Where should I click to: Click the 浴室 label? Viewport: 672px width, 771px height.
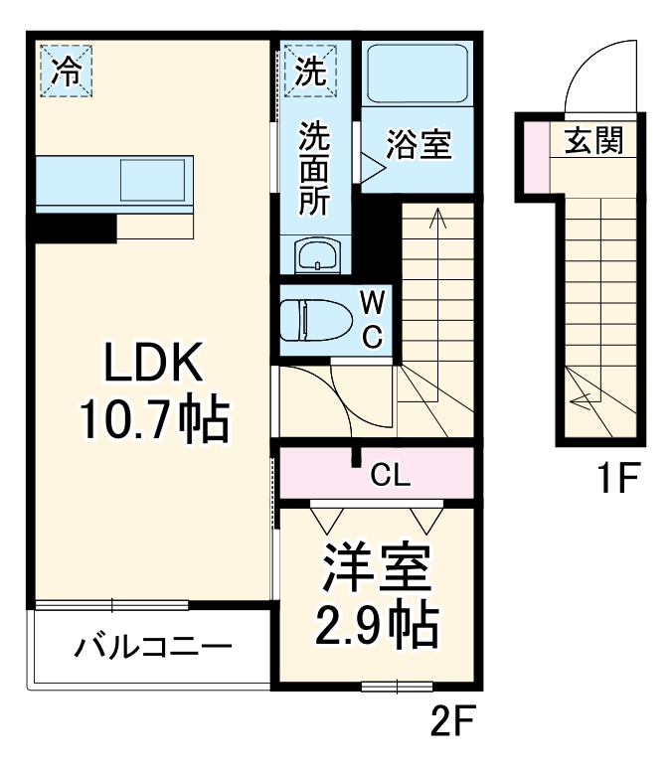(x=419, y=146)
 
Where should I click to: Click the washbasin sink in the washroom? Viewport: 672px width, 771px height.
(x=316, y=255)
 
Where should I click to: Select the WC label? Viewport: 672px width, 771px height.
(x=371, y=317)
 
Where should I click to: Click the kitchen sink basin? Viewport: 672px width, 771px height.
(x=153, y=181)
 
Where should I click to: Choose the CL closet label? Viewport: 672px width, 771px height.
(x=392, y=476)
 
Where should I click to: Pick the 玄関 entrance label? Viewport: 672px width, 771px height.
(x=594, y=141)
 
